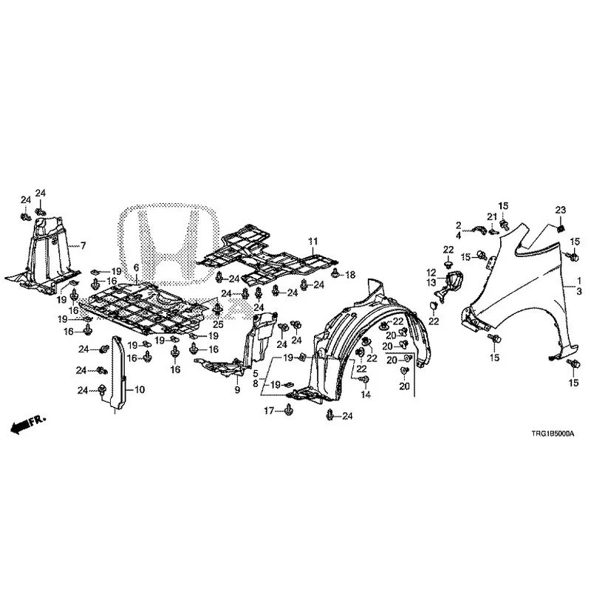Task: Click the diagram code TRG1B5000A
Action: click(553, 434)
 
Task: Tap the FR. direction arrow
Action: click(27, 424)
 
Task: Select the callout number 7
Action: click(83, 246)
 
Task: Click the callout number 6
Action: click(136, 268)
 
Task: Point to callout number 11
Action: click(313, 242)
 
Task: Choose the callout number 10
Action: click(140, 390)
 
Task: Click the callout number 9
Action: click(237, 390)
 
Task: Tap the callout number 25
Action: click(218, 324)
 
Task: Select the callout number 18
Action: click(350, 275)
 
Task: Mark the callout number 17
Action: click(268, 411)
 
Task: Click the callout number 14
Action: click(366, 394)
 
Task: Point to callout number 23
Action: click(560, 210)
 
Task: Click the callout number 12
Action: click(431, 273)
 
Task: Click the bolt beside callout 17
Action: click(289, 409)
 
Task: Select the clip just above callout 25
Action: click(218, 310)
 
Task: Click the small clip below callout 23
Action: click(560, 228)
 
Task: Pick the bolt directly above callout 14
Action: click(365, 380)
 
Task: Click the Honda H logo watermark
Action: click(168, 245)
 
